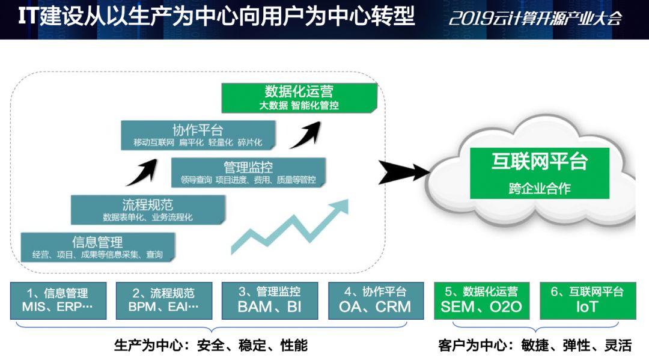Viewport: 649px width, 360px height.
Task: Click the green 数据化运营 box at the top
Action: pyautogui.click(x=299, y=98)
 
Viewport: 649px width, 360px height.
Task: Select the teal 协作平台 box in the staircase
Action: pyautogui.click(x=198, y=135)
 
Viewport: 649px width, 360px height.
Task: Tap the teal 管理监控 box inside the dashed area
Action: pyautogui.click(x=248, y=172)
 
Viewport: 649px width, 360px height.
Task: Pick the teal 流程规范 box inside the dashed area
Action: pyautogui.click(x=148, y=210)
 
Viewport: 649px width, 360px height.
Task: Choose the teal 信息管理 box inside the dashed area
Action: pyautogui.click(x=98, y=247)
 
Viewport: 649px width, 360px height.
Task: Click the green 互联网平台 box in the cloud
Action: pyautogui.click(x=539, y=173)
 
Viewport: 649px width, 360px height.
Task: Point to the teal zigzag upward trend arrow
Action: pyautogui.click(x=290, y=227)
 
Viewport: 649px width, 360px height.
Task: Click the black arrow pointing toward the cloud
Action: pyautogui.click(x=404, y=172)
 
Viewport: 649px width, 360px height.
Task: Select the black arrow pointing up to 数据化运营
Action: pyautogui.click(x=306, y=135)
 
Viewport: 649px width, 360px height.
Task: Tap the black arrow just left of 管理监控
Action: pyautogui.click(x=142, y=172)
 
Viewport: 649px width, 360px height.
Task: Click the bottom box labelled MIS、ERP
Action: pyautogui.click(x=58, y=301)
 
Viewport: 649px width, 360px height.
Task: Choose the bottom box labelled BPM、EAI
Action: pyautogui.click(x=164, y=301)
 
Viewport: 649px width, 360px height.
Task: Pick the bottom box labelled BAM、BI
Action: pyautogui.click(x=270, y=301)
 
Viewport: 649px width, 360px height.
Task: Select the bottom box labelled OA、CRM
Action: pyautogui.click(x=376, y=301)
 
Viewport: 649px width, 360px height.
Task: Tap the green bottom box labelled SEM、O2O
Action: pyautogui.click(x=482, y=301)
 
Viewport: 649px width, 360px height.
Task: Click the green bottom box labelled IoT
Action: pyautogui.click(x=588, y=301)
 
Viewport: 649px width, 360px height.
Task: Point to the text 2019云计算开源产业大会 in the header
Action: pyautogui.click(x=535, y=18)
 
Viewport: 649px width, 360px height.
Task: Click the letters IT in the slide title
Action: pyautogui.click(x=28, y=17)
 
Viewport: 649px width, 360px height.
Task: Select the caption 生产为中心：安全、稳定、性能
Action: pyautogui.click(x=211, y=345)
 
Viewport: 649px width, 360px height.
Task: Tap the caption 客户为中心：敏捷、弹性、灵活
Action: pyautogui.click(x=535, y=345)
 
